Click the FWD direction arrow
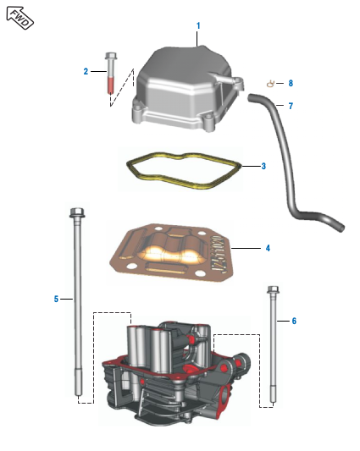pyautogui.click(x=19, y=18)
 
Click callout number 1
pyautogui.click(x=198, y=26)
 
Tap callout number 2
pyautogui.click(x=86, y=71)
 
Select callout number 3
pyautogui.click(x=263, y=166)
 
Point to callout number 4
pyautogui.click(x=268, y=248)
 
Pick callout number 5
pyautogui.click(x=56, y=300)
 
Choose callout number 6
pyautogui.click(x=294, y=321)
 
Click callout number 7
pyautogui.click(x=291, y=106)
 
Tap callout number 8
pyautogui.click(x=291, y=84)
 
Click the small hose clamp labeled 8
pyautogui.click(x=270, y=84)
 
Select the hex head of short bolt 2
pyautogui.click(x=111, y=56)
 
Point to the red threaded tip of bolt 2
pyautogui.click(x=111, y=85)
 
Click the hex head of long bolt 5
pyautogui.click(x=77, y=212)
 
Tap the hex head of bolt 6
pyautogui.click(x=273, y=289)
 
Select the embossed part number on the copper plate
pyautogui.click(x=219, y=254)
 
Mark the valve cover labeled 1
pyautogui.click(x=187, y=88)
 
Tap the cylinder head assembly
pyautogui.click(x=175, y=374)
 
